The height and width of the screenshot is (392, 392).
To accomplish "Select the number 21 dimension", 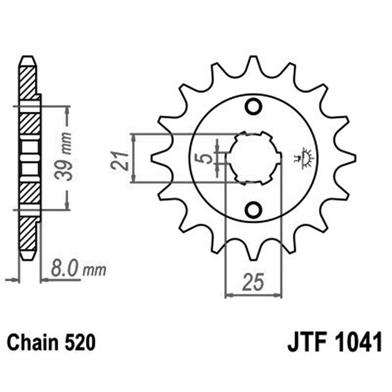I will coord(120,159).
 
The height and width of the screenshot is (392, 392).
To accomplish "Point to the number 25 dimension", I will coord(253,283).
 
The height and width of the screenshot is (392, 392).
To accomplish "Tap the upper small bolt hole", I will coord(253,106).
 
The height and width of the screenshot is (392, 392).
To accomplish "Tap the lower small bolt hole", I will coord(253,210).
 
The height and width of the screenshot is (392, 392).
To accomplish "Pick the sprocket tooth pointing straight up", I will coord(253,64).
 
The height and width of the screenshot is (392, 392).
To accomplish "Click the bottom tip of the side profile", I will coord(27,257).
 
